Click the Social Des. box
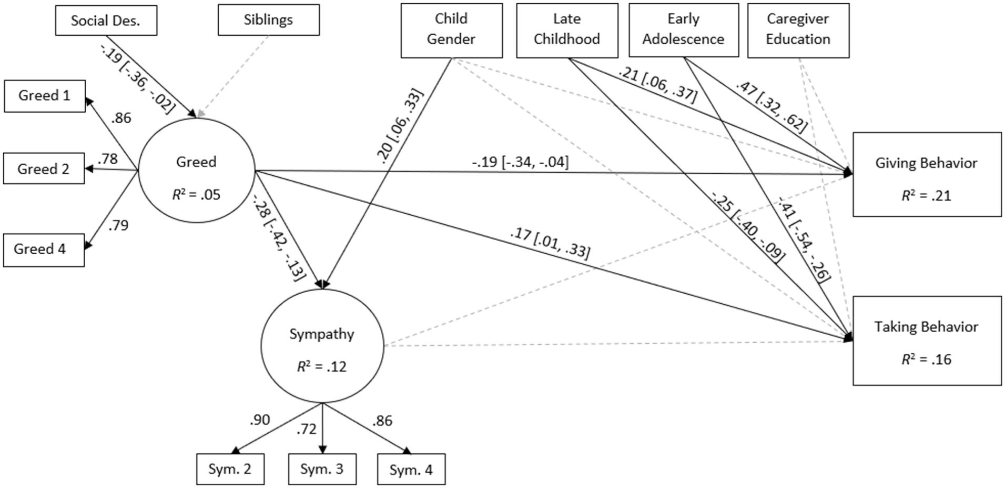pyautogui.click(x=106, y=21)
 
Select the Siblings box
pyautogui.click(x=268, y=20)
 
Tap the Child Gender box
pyautogui.click(x=451, y=31)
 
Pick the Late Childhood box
pyautogui.click(x=567, y=31)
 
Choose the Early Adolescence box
pyautogui.click(x=684, y=31)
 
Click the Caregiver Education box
pyautogui.click(x=798, y=31)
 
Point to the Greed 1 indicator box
pyautogui.click(x=45, y=96)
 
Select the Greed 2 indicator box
pyautogui.click(x=44, y=168)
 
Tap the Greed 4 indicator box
pyautogui.click(x=44, y=250)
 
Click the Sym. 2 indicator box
pyautogui.click(x=230, y=469)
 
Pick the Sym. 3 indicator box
pyautogui.click(x=322, y=469)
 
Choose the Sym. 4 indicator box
pyautogui.click(x=411, y=469)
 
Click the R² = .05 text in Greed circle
pyautogui.click(x=196, y=194)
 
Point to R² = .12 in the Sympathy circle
pyautogui.click(x=322, y=366)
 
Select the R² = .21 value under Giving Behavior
pyautogui.click(x=927, y=195)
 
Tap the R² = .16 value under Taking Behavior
pyautogui.click(x=927, y=359)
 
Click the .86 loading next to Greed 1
pyautogui.click(x=121, y=118)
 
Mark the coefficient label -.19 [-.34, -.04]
pyautogui.click(x=520, y=162)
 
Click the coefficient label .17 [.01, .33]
pyautogui.click(x=550, y=243)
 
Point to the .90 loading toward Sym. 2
pyautogui.click(x=260, y=420)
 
